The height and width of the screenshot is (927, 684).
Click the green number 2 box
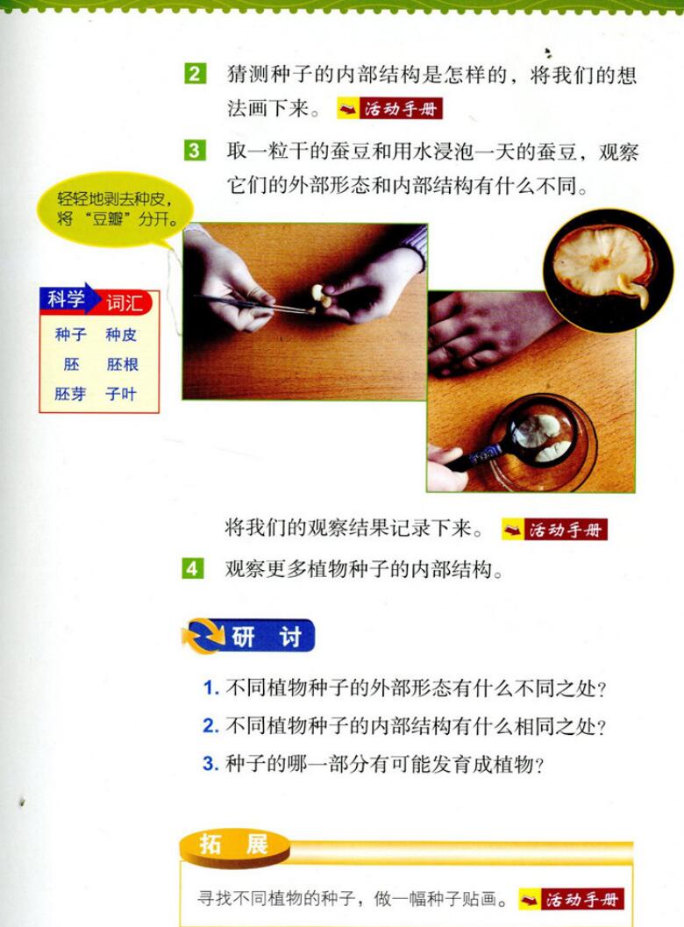pyautogui.click(x=195, y=74)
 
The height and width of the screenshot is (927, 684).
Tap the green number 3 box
pyautogui.click(x=195, y=150)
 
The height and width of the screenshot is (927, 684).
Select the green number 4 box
pyautogui.click(x=193, y=568)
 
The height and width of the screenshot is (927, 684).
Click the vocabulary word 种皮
pyautogui.click(x=121, y=335)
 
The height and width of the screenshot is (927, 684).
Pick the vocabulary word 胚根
pyautogui.click(x=123, y=364)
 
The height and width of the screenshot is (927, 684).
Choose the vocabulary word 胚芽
pyautogui.click(x=70, y=394)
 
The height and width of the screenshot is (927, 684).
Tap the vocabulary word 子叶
pyautogui.click(x=121, y=394)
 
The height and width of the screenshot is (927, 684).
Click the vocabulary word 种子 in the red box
pyautogui.click(x=71, y=335)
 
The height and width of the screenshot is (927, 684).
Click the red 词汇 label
pyautogui.click(x=125, y=303)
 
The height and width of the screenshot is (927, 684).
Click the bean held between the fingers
pyautogui.click(x=320, y=295)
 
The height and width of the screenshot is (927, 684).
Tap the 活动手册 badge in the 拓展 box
pyautogui.click(x=571, y=899)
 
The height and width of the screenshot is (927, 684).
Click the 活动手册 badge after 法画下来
pyautogui.click(x=390, y=109)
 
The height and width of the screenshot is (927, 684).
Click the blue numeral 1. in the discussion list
pyautogui.click(x=211, y=688)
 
